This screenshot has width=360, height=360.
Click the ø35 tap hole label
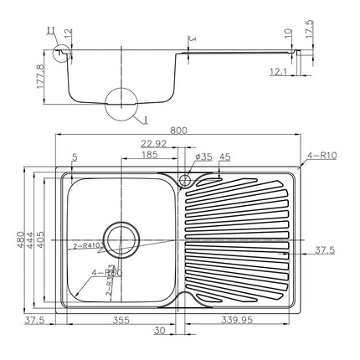(203, 156)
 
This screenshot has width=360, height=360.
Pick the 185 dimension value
(151, 156)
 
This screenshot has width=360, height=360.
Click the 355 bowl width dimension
(121, 319)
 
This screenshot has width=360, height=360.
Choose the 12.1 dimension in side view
(280, 72)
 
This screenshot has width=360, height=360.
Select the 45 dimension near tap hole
(224, 156)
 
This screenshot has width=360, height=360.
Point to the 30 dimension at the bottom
(160, 332)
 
